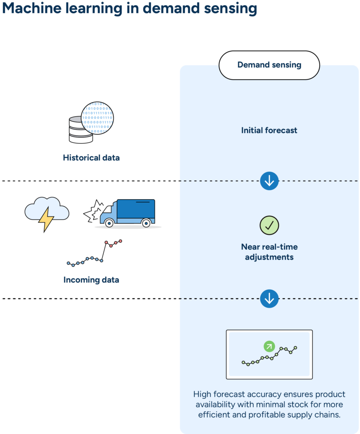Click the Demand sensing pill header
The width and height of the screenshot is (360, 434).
click(269, 65)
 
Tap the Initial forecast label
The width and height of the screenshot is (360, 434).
click(269, 130)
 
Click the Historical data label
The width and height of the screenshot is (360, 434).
click(91, 158)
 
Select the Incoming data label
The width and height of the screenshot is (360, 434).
click(91, 280)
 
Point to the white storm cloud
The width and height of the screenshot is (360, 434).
click(47, 209)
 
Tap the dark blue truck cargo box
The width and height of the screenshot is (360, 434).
click(135, 210)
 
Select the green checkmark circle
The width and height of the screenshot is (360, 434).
click(269, 225)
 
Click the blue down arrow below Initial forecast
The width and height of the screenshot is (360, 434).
click(269, 181)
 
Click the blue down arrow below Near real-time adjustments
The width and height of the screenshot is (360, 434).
click(269, 299)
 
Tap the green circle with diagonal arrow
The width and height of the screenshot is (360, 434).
click(269, 346)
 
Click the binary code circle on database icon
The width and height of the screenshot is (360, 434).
click(97, 118)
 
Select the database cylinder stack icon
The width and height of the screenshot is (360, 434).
click(80, 130)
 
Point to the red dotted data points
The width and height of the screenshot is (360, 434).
click(113, 243)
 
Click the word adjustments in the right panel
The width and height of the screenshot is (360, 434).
click(269, 257)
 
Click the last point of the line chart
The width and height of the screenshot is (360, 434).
click(295, 348)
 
